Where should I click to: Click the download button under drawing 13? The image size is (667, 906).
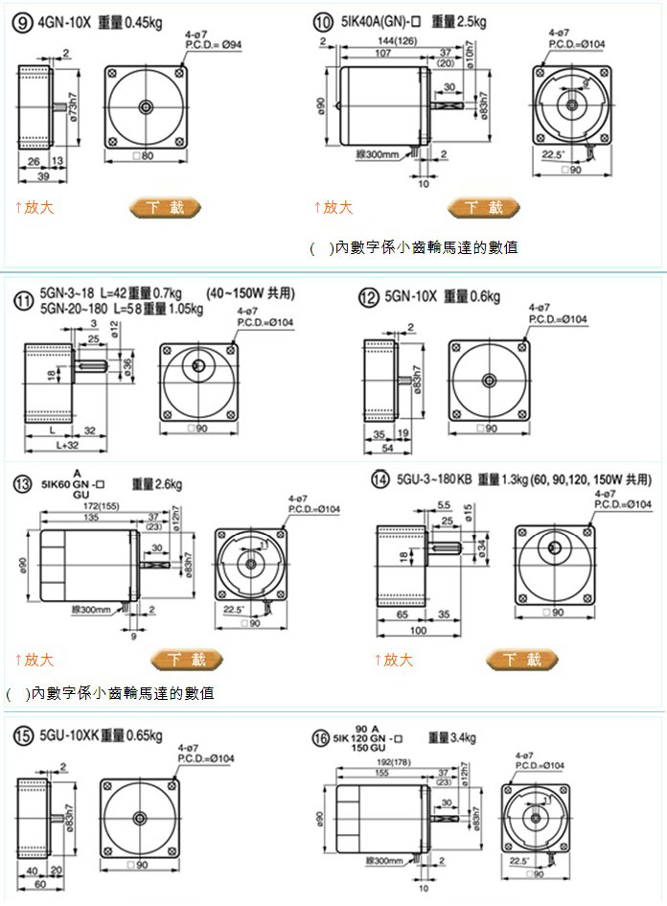188,660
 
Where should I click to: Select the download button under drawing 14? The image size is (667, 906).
521,660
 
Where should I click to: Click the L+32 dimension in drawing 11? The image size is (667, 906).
68,446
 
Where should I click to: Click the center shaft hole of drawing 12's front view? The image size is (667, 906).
488,381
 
